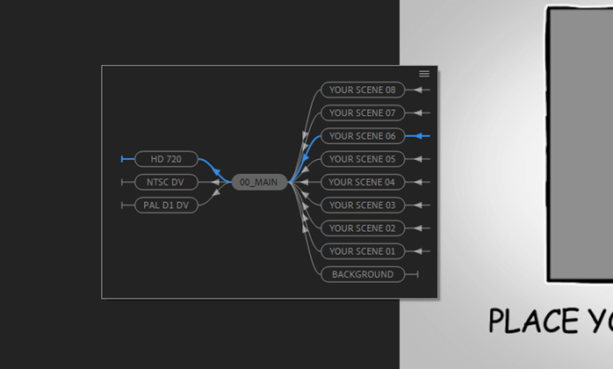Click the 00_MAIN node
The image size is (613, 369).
click(x=259, y=182)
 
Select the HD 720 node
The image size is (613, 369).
click(x=166, y=159)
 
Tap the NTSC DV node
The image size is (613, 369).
click(x=166, y=182)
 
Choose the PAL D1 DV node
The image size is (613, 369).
click(x=166, y=205)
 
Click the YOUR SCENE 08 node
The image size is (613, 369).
click(x=362, y=90)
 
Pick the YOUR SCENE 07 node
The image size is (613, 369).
click(x=362, y=112)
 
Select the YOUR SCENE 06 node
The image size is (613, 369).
click(x=362, y=136)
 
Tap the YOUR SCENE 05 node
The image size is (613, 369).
click(x=362, y=159)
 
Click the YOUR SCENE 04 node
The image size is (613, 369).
click(x=362, y=182)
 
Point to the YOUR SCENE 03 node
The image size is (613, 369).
click(x=362, y=205)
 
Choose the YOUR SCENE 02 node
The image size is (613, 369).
click(x=362, y=228)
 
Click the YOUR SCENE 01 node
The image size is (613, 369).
click(x=362, y=251)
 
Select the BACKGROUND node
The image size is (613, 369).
click(x=362, y=274)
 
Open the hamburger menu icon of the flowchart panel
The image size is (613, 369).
click(x=424, y=74)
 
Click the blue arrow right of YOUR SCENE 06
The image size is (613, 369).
click(x=422, y=136)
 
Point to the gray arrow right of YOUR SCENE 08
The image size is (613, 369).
click(x=422, y=90)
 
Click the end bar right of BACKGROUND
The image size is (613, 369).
click(x=417, y=274)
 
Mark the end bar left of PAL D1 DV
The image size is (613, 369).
click(x=123, y=205)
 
